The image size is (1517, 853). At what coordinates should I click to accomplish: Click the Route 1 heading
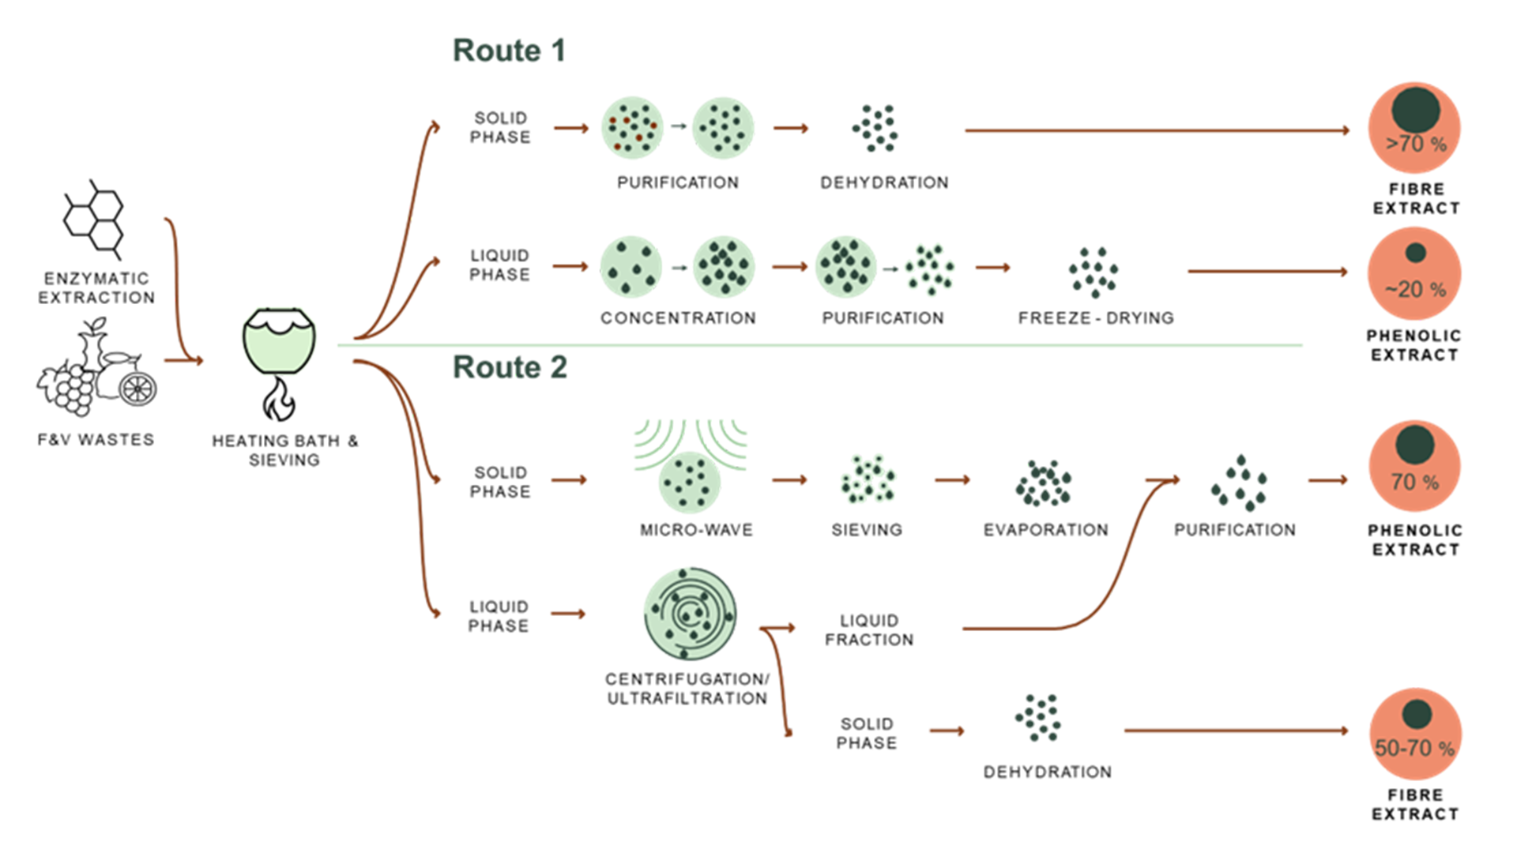510,51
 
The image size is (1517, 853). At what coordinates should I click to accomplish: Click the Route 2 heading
510,367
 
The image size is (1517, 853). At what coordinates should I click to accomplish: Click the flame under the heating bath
278,399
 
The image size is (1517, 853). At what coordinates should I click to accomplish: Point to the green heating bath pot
279,340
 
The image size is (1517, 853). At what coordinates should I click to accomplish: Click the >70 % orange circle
1414,128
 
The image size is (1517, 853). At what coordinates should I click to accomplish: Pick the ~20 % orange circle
1414,273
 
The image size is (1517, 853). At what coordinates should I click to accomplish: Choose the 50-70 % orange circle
1415,734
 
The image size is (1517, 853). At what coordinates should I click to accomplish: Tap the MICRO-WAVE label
696,530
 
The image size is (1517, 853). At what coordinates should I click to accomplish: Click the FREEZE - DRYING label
1096,318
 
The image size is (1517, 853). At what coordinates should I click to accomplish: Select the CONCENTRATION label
678,318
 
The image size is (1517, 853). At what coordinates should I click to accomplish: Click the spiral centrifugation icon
691,614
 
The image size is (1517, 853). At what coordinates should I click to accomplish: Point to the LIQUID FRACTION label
869,630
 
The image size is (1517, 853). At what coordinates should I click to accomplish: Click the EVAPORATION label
1045,530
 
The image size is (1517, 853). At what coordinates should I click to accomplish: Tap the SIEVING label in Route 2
867,530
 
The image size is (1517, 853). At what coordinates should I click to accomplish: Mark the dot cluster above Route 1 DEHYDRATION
875,128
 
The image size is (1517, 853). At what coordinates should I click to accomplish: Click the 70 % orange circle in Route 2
1414,466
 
